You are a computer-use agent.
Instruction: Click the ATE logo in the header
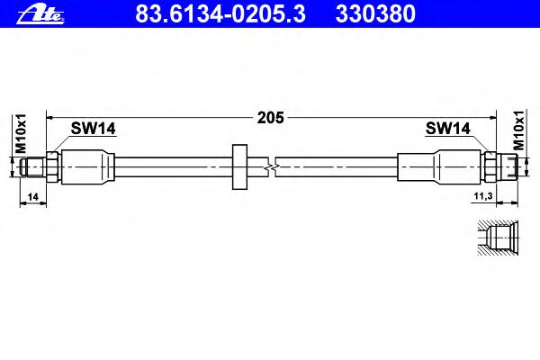40,15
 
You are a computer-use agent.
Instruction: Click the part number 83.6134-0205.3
220,13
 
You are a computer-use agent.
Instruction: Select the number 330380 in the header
375,13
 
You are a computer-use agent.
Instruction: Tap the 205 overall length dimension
271,118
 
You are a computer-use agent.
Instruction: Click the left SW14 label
93,129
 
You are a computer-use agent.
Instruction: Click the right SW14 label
447,129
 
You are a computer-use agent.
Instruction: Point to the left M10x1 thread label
21,134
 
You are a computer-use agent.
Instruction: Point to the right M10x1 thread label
518,130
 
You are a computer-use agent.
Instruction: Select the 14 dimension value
32,197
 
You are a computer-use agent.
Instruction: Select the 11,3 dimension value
483,196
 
